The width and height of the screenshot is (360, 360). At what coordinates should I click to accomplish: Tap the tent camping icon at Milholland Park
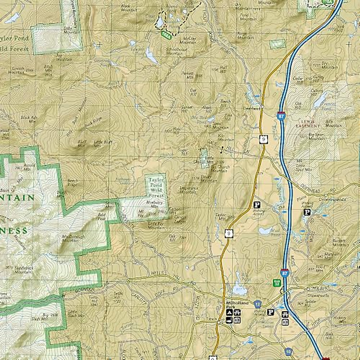pyautogui.click(x=229, y=313)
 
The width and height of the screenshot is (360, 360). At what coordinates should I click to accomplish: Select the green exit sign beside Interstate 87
pyautogui.click(x=277, y=282)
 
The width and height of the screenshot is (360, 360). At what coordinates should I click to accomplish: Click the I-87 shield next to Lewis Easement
pyautogui.click(x=281, y=116)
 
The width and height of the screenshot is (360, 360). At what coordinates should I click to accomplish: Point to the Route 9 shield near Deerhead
pyautogui.click(x=263, y=139)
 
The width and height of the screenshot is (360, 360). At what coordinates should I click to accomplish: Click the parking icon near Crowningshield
pyautogui.click(x=307, y=212)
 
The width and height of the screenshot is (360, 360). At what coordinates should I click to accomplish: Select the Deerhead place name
pyautogui.click(x=251, y=108)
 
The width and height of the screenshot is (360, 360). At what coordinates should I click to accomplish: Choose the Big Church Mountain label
pyautogui.click(x=220, y=169)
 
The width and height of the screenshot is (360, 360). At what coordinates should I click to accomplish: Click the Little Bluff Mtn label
pyautogui.click(x=103, y=143)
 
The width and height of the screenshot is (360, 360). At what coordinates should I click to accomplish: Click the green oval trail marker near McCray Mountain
pyautogui.click(x=166, y=35)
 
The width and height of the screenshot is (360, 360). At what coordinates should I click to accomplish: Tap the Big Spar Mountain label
pyautogui.click(x=316, y=136)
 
